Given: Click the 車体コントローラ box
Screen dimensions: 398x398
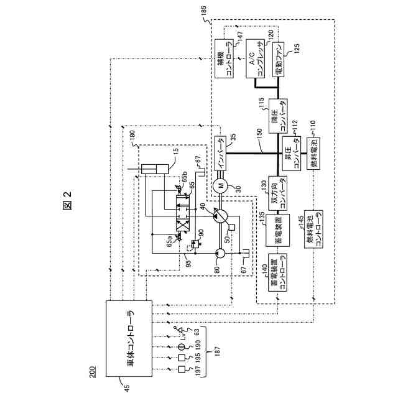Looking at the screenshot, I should (x=131, y=339).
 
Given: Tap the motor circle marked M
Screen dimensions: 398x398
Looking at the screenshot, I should (x=219, y=185).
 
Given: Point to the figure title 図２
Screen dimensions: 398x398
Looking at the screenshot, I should (x=67, y=202).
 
